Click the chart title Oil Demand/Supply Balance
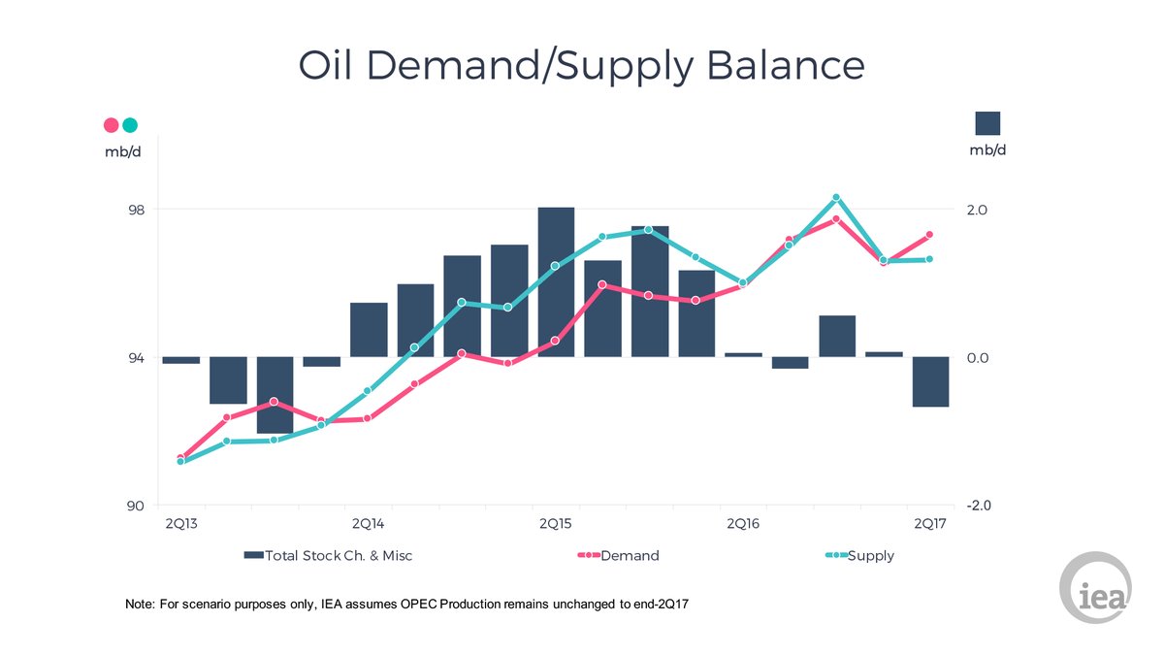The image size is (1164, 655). (x=581, y=66)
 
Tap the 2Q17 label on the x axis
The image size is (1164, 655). (x=929, y=524)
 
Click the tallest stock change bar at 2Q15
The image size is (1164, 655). (x=556, y=281)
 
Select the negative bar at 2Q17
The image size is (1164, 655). (x=930, y=381)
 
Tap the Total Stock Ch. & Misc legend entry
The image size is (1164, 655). (x=335, y=556)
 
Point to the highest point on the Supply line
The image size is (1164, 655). (x=836, y=198)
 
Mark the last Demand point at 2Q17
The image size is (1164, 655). (x=929, y=235)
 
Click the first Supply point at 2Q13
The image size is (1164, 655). (x=181, y=461)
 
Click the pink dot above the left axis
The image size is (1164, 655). (x=111, y=125)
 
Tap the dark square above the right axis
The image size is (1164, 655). (x=987, y=123)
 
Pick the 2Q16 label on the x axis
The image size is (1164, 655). (x=742, y=524)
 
